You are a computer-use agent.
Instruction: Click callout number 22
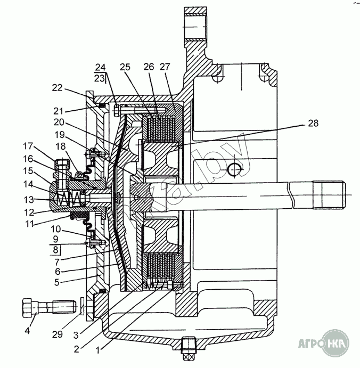[57, 87]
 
